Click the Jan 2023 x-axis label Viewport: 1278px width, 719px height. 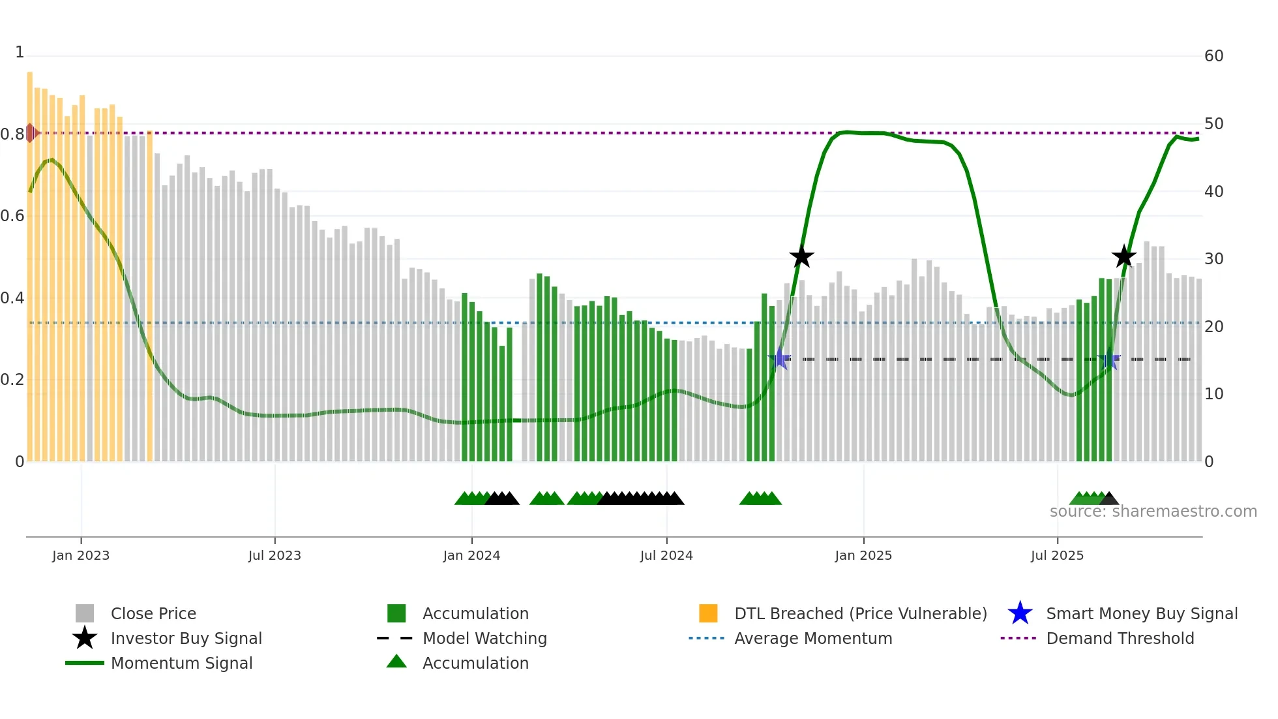tap(81, 555)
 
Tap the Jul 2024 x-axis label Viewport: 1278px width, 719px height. tap(666, 555)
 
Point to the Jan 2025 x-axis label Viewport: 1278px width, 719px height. tap(863, 555)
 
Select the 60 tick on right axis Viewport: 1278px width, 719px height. tap(1213, 56)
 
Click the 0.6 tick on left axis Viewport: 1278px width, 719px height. tap(12, 216)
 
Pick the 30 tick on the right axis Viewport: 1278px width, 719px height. tap(1213, 259)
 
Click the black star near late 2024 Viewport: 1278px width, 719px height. tap(801, 256)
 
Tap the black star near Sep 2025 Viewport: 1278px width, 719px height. tap(1123, 256)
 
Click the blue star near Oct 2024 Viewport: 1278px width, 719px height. tap(779, 359)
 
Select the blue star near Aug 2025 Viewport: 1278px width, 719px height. tap(1109, 359)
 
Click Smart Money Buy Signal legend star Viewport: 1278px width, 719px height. tap(1020, 613)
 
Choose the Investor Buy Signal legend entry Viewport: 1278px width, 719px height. tap(186, 638)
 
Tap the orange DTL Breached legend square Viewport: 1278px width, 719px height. tap(708, 613)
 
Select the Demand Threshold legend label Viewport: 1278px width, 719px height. tap(1120, 638)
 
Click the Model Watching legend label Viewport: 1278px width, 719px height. tap(484, 638)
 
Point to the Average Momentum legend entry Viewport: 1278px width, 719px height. tap(812, 638)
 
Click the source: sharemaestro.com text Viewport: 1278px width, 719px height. tap(1153, 512)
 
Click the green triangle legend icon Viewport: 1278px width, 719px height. tap(396, 662)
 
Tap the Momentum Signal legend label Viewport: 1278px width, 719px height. tap(181, 663)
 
